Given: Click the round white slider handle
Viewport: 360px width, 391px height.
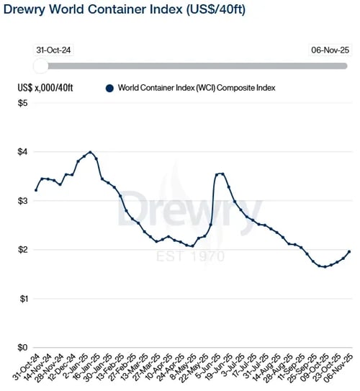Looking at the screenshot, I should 41,66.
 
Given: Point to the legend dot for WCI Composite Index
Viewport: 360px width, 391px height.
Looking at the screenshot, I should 109,88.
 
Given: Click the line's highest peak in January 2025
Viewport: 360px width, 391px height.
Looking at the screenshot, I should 90,152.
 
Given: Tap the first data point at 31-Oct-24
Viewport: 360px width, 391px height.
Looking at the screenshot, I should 36,190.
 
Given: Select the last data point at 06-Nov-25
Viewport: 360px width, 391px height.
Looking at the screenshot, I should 349,252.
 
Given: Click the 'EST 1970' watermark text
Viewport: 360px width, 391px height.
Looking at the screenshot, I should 192,257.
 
